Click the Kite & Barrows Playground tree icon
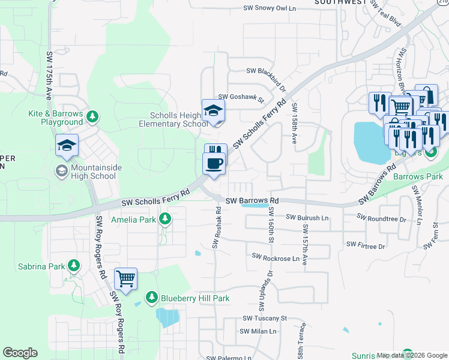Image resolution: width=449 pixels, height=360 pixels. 93,115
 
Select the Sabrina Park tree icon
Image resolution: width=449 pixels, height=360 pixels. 74,265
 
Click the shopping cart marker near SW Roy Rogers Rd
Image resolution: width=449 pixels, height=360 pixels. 126,278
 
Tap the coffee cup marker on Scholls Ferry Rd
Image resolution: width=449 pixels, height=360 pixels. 214,163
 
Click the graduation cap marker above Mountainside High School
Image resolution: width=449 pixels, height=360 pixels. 67,145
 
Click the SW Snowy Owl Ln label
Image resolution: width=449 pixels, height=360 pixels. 270,8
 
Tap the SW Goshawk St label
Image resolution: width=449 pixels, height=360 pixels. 241,97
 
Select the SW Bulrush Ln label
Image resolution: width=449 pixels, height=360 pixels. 308,217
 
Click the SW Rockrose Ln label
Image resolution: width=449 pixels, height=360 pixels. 276,257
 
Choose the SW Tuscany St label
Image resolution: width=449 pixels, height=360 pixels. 265,319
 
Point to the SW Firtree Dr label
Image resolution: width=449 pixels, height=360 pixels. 366,245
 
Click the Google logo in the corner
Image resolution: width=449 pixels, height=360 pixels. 20,353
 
